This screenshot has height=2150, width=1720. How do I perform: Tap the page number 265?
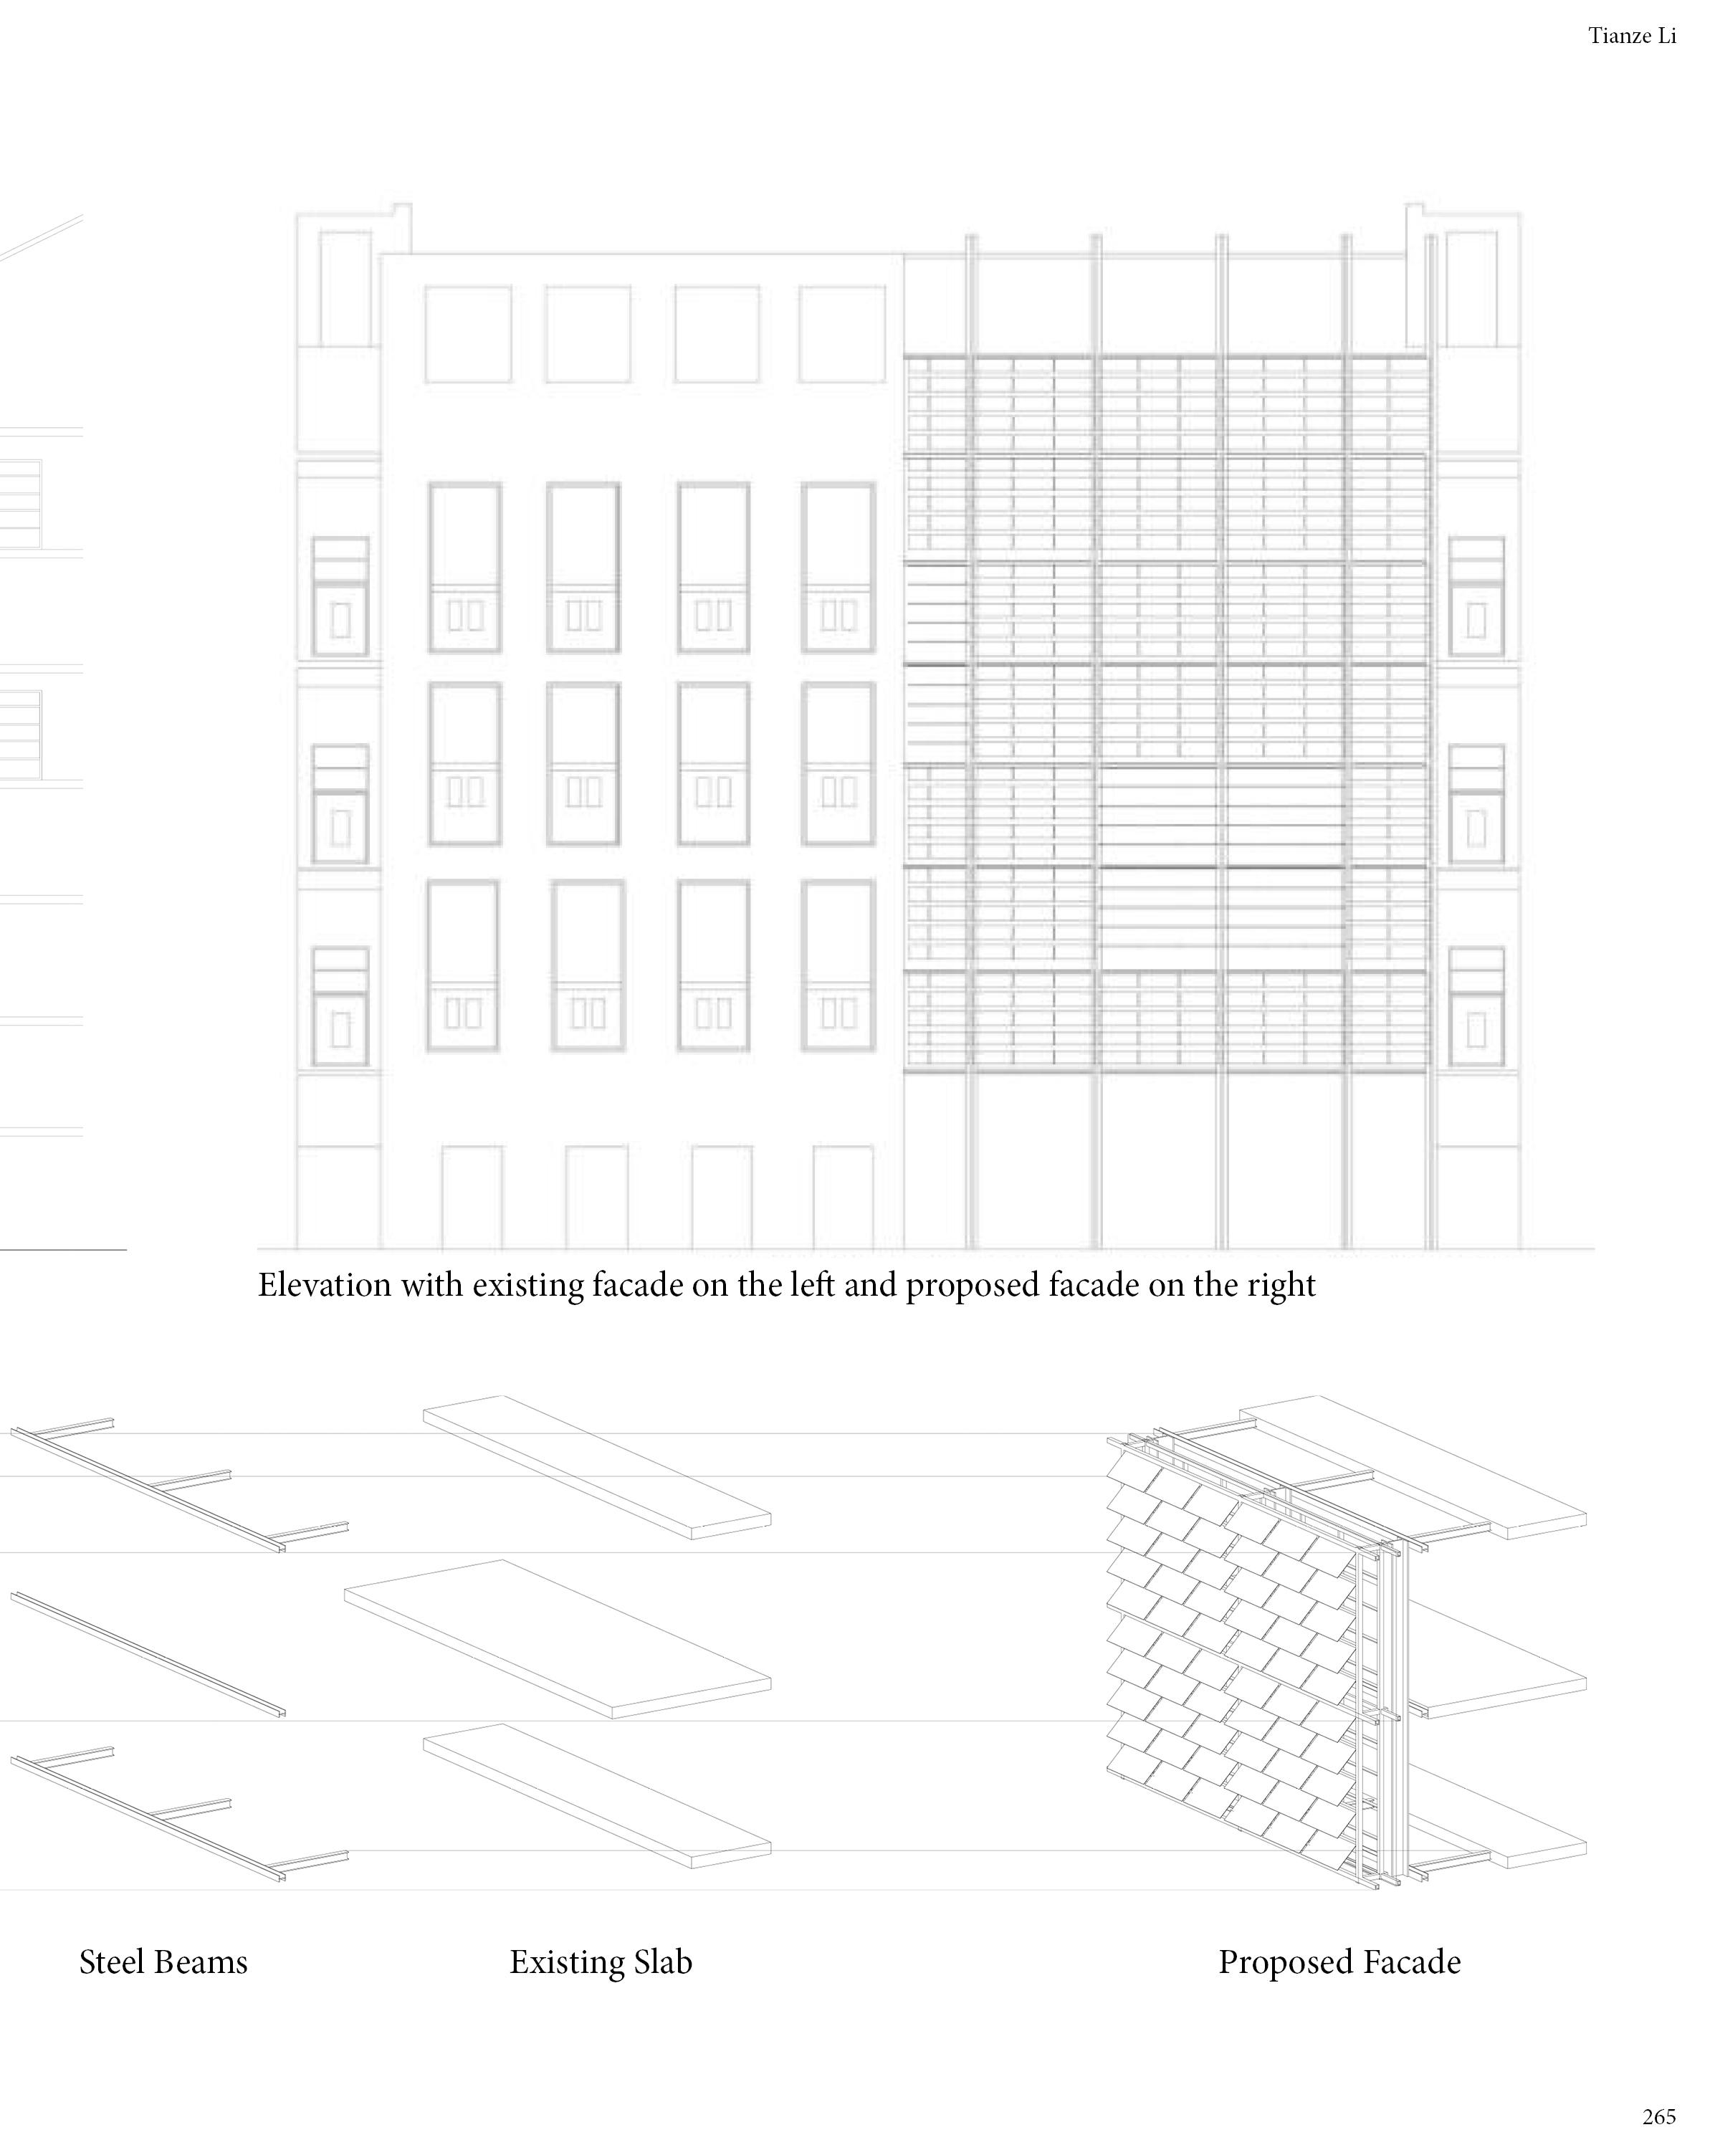(1659, 2115)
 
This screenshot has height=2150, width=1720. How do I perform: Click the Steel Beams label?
(163, 1962)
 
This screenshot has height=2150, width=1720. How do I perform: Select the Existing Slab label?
(601, 1962)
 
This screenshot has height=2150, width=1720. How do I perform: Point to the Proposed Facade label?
(1339, 1962)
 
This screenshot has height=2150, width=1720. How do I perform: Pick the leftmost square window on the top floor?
(468, 334)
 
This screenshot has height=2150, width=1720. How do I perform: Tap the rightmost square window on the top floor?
(841, 334)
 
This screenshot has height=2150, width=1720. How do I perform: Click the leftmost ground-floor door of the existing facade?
(472, 1197)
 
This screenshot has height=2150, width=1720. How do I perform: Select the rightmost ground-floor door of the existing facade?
(843, 1197)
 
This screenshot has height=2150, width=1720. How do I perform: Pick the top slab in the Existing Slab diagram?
(596, 1465)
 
